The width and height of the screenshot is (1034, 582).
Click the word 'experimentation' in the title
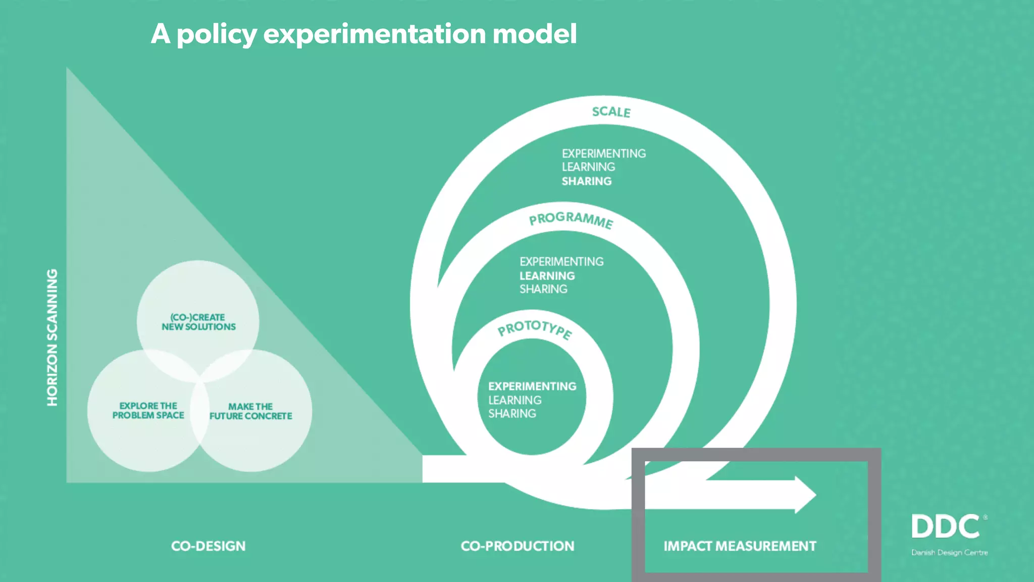(x=375, y=34)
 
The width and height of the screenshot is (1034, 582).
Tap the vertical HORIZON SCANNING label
(x=52, y=337)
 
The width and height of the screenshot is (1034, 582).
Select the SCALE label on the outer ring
(x=611, y=112)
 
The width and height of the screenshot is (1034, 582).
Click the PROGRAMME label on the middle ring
(x=571, y=219)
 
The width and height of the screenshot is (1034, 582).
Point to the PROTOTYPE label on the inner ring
(x=535, y=329)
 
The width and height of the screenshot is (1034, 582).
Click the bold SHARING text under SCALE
(x=586, y=181)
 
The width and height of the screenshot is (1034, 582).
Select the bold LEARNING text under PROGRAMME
(x=547, y=276)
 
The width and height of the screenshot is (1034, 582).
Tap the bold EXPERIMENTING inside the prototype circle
(x=532, y=386)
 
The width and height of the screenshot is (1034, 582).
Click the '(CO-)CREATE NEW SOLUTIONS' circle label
(x=198, y=322)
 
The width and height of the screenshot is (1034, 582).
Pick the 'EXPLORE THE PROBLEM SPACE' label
(x=148, y=410)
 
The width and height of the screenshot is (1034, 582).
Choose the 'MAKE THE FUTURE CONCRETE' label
(x=250, y=411)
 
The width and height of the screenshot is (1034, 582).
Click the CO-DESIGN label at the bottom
(x=208, y=546)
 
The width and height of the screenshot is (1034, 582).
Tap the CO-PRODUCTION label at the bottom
(x=518, y=546)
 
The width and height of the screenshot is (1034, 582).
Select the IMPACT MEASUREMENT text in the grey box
(x=740, y=546)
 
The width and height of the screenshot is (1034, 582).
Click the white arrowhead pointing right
(x=805, y=495)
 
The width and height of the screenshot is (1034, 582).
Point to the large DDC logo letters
(x=945, y=527)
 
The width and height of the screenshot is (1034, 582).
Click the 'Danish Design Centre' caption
(x=949, y=553)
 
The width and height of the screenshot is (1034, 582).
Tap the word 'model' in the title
(x=534, y=34)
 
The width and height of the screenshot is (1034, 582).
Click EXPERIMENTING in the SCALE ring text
(x=603, y=153)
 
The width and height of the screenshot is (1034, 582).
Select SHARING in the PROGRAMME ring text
(x=543, y=289)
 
